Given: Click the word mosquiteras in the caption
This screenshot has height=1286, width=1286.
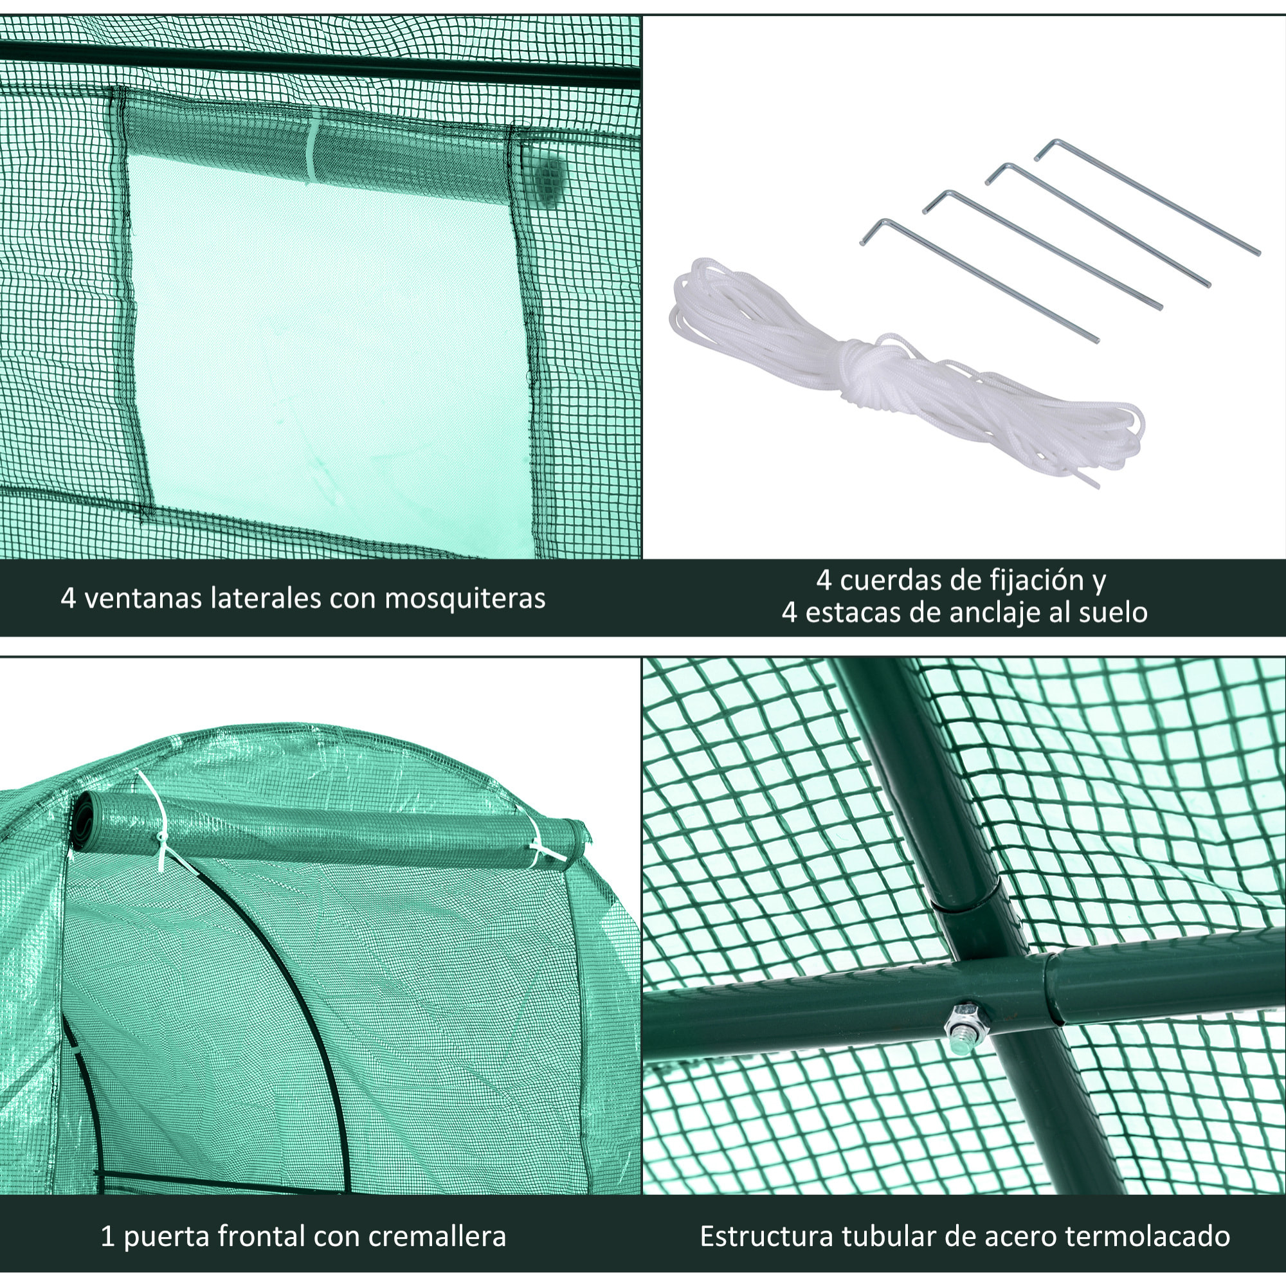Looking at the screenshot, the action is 465,599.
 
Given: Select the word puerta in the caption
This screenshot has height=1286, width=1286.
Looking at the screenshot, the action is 167,1237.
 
